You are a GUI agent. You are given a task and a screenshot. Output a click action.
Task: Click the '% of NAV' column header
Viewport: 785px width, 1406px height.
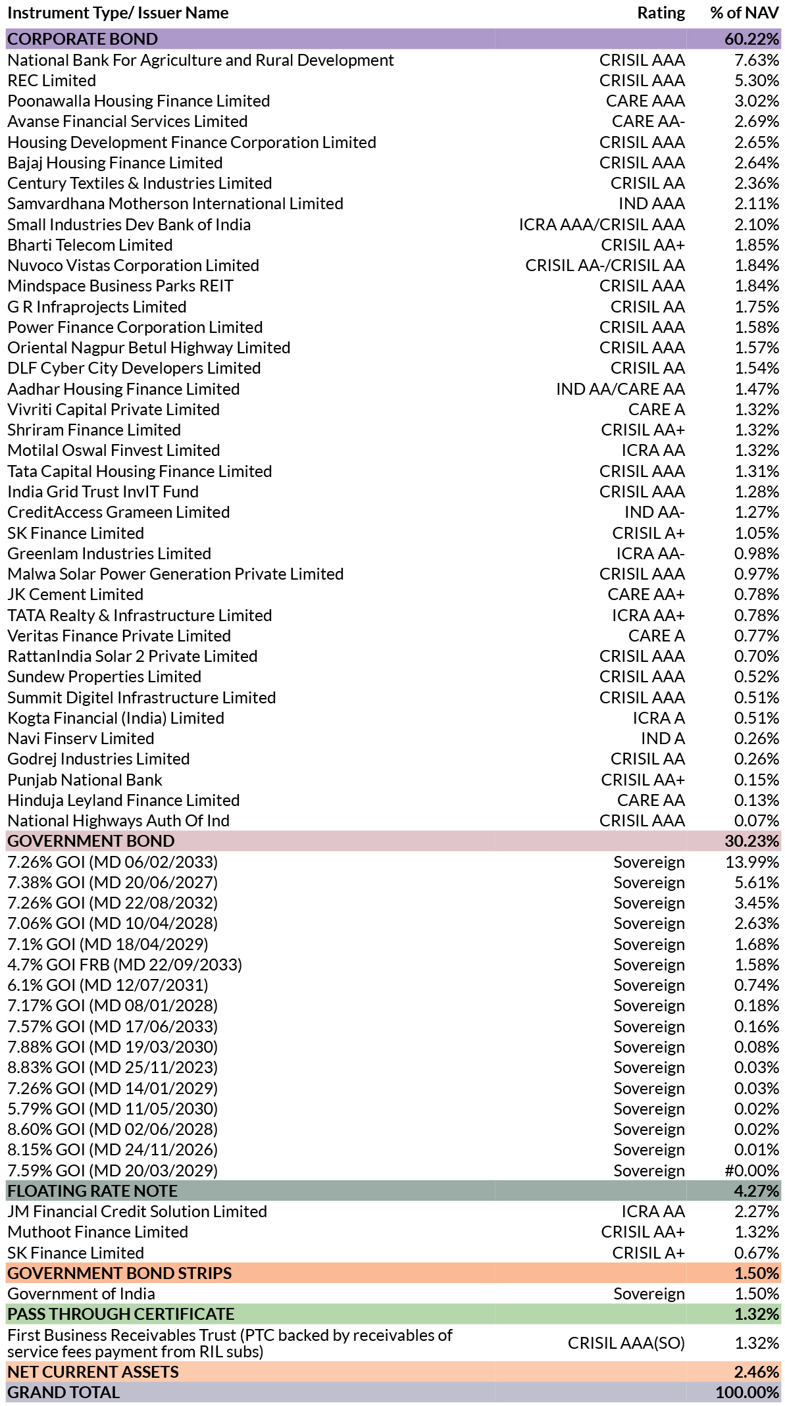tap(744, 13)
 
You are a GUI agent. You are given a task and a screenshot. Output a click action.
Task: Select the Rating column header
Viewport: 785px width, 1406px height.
tap(661, 13)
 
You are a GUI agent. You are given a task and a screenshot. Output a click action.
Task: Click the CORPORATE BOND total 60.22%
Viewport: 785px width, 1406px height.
tap(751, 39)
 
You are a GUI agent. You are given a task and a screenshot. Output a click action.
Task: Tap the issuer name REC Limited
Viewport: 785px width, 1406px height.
tap(52, 80)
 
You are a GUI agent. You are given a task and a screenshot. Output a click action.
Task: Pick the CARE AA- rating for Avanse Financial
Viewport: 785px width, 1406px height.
tap(648, 122)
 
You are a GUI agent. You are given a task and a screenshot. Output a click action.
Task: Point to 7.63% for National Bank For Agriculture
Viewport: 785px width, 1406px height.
tap(757, 60)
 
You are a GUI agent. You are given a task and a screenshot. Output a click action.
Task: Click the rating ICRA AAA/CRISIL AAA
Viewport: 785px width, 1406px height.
tap(601, 224)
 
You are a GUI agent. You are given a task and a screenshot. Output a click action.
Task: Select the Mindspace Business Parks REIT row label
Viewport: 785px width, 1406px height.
tap(120, 286)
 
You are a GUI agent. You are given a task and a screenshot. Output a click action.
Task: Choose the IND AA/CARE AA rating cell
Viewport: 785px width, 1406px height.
tap(620, 389)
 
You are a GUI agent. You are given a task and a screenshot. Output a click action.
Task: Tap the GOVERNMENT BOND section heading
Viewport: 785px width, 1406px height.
tap(91, 841)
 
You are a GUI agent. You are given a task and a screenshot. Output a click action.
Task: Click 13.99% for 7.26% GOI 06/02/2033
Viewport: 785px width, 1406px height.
tap(752, 862)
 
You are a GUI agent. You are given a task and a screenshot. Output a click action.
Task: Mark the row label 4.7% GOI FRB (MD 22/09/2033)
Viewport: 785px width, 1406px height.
tap(125, 965)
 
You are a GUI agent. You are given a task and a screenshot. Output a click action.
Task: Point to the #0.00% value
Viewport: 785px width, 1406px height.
tap(752, 1170)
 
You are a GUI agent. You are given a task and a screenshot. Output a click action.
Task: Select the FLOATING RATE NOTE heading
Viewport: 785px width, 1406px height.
tap(93, 1191)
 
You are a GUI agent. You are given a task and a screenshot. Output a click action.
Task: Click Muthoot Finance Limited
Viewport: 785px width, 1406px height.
tap(98, 1232)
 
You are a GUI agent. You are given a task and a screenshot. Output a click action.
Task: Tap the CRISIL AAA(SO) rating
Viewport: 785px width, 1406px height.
tap(626, 1343)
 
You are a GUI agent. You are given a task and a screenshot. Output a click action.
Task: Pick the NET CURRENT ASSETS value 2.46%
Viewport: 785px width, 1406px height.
tap(757, 1372)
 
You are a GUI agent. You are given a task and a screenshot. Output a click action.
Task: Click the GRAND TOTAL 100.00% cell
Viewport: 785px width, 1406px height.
tap(747, 1392)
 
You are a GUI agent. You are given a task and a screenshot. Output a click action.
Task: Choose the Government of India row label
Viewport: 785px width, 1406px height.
tap(82, 1293)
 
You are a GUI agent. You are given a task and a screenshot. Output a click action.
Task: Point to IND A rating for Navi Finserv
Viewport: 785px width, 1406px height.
tap(663, 738)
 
